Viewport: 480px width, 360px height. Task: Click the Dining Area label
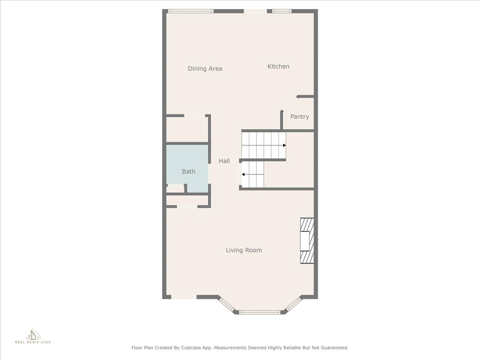[x=205, y=68]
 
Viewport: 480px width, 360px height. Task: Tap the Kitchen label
[x=278, y=67]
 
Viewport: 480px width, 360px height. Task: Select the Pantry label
[x=300, y=117]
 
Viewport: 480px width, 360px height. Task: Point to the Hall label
[x=224, y=161]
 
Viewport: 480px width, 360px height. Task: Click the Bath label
[x=188, y=172]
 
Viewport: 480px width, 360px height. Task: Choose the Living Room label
[x=244, y=250]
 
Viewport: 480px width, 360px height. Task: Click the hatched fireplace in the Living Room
[x=307, y=240]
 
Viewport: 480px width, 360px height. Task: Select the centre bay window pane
[x=259, y=312]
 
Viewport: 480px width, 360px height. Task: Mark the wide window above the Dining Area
[x=190, y=11]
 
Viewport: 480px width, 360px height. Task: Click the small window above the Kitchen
[x=281, y=11]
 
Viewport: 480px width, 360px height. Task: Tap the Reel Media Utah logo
[x=33, y=336]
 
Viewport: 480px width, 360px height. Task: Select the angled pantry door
[x=289, y=104]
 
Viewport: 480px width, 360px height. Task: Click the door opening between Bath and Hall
[x=210, y=173]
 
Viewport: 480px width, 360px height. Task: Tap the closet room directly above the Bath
[x=187, y=129]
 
